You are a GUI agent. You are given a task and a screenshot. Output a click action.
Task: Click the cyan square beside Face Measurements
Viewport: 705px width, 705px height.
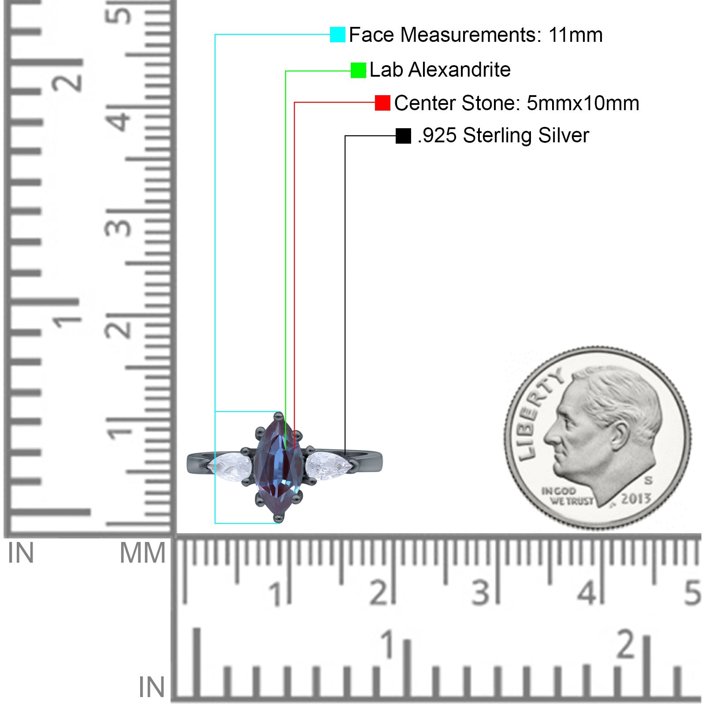coord(338,34)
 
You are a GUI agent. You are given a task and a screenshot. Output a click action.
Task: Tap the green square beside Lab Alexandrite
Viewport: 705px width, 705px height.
coord(358,70)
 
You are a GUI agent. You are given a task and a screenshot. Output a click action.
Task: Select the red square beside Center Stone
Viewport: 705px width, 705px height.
coord(382,103)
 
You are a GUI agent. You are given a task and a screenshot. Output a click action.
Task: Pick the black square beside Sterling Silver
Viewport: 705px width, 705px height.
coord(403,136)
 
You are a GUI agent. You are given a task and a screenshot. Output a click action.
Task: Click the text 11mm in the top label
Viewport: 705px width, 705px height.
coord(575,35)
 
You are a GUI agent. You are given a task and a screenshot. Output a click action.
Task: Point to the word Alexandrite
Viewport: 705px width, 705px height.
coord(459,70)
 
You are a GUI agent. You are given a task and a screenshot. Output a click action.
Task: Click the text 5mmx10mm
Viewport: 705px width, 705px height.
coord(583,103)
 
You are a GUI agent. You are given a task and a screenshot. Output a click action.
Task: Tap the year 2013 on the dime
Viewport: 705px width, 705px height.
coord(636,499)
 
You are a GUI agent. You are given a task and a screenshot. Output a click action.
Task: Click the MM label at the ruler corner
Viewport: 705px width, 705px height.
coord(142,553)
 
